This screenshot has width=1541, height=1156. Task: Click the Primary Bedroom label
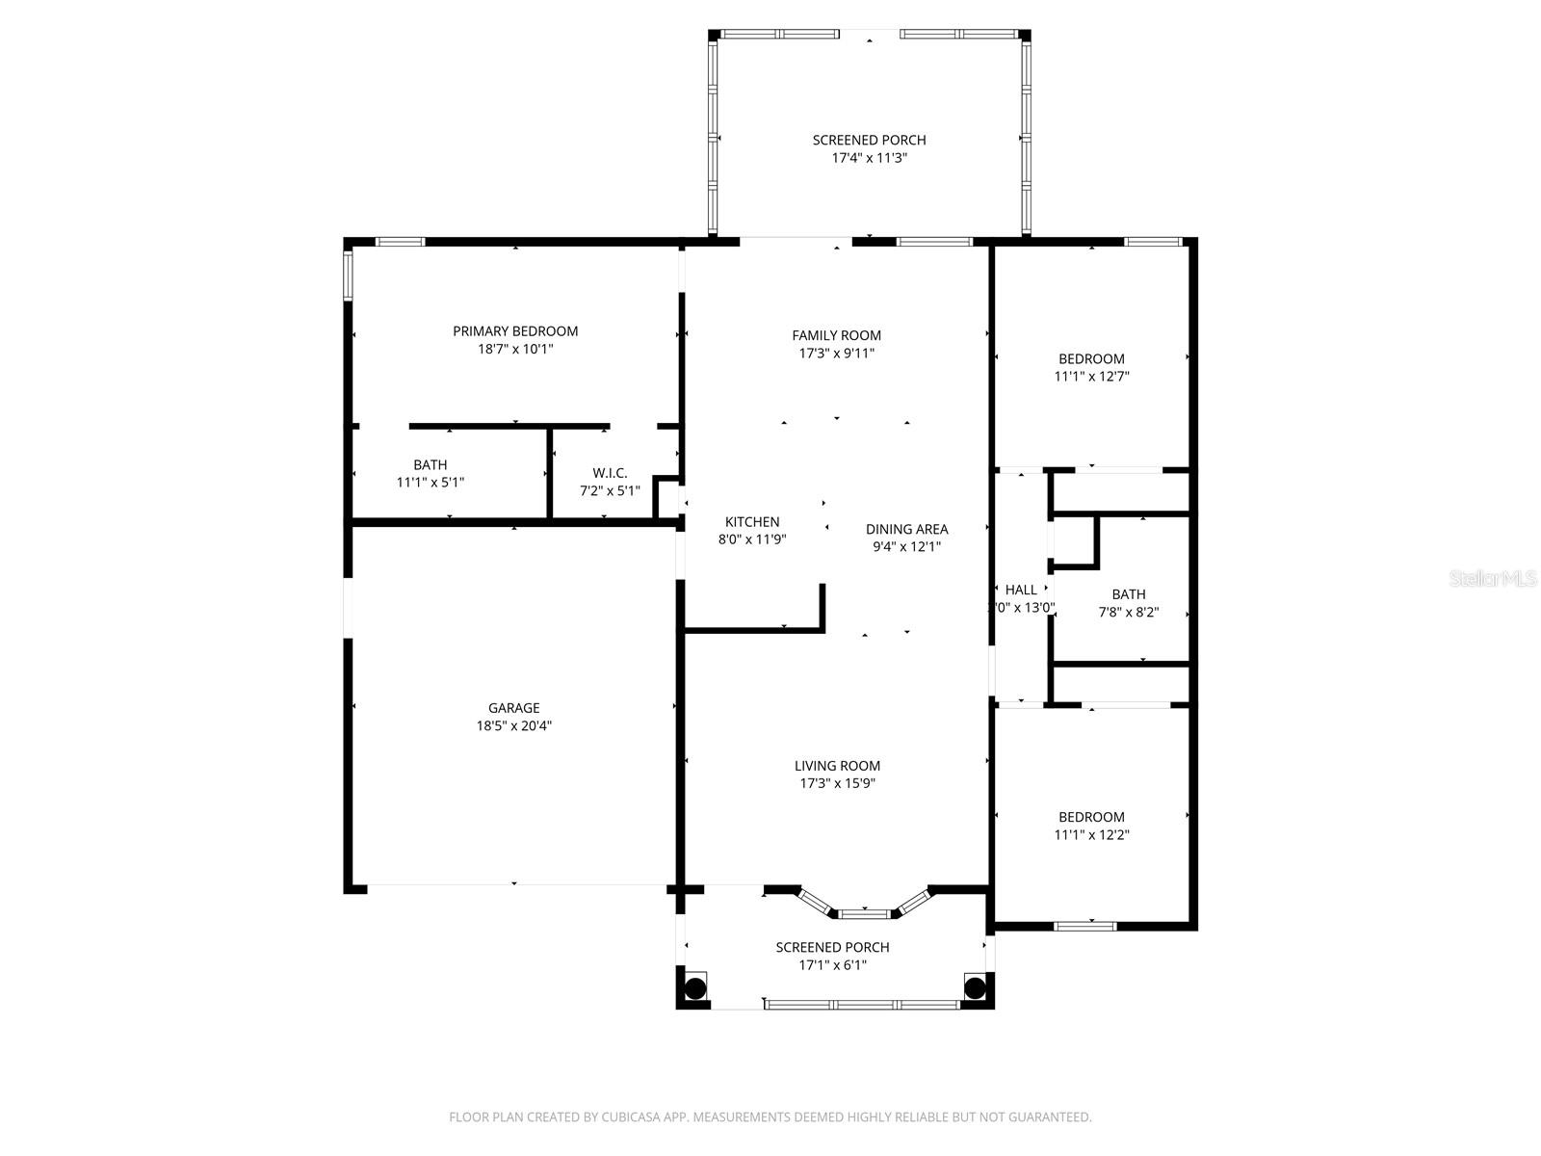point(515,331)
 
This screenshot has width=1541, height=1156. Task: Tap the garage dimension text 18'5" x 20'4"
point(513,726)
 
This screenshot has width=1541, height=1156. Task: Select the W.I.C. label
point(610,473)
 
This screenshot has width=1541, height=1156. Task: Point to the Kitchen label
point(752,522)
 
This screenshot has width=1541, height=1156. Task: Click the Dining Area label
point(906,529)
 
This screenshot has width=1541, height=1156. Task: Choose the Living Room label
point(837,766)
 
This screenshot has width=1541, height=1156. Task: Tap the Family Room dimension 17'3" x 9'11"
point(837,354)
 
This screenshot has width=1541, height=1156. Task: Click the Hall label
point(1021,590)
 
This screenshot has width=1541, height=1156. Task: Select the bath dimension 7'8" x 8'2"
point(1129,612)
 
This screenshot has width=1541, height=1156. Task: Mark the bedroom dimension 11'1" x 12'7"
point(1091,377)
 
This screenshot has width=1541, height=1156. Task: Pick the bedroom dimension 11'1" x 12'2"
point(1091,835)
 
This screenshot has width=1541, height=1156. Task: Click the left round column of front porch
point(695,987)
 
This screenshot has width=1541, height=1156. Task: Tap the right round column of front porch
point(975,987)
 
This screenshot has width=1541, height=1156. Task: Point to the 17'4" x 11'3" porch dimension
point(869,158)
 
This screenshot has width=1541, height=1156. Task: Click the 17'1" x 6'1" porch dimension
point(832,965)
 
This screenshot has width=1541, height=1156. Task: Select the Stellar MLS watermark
point(1493,579)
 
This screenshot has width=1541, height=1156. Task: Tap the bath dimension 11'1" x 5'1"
point(431,483)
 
